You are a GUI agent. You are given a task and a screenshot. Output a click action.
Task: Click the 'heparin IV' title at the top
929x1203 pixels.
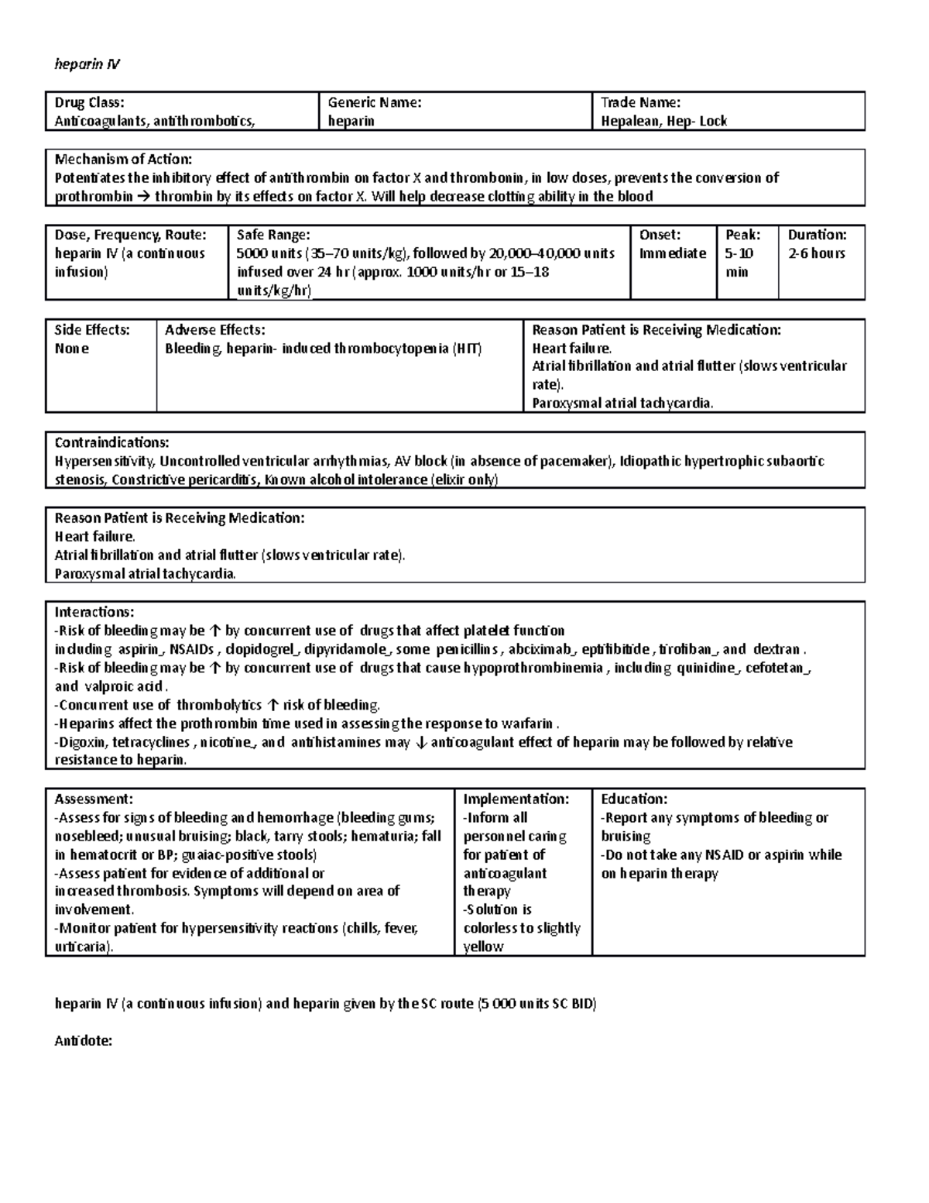[x=87, y=64]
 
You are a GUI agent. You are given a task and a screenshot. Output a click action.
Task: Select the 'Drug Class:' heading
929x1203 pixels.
[x=89, y=102]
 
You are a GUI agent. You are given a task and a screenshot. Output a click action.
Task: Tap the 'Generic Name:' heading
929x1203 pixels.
[x=374, y=102]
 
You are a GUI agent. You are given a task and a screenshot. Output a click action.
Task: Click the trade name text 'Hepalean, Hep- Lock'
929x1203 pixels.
[x=663, y=121]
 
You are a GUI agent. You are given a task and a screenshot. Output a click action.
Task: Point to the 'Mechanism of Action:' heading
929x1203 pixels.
[x=123, y=160]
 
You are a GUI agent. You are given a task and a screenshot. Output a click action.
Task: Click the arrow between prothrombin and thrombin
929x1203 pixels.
[x=144, y=197]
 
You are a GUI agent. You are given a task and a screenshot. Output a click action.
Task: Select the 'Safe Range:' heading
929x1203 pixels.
[x=273, y=235]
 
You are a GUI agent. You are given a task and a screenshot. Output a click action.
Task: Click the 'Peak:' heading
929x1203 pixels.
[x=742, y=235]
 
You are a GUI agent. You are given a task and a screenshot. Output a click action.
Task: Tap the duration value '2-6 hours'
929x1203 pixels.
[x=816, y=253]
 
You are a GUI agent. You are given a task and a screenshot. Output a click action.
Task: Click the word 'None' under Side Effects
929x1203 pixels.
[x=71, y=349]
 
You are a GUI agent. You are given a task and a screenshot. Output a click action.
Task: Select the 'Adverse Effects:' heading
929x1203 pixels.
[x=214, y=330]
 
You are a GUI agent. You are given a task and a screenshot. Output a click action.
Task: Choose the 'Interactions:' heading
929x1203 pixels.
[x=94, y=612]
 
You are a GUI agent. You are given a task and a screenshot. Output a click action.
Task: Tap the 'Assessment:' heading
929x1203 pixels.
[x=93, y=799]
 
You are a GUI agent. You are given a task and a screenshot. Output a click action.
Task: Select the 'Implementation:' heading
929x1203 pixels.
[x=516, y=799]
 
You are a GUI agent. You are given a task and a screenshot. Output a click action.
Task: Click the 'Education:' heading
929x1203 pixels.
[x=633, y=799]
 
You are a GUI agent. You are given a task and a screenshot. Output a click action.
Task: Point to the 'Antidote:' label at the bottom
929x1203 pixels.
[x=83, y=1041]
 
